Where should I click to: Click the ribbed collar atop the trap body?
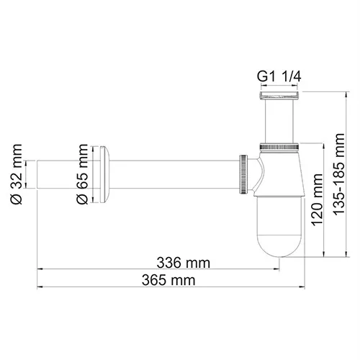coord(278,146)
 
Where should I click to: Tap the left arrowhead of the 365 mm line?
coord(40,286)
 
